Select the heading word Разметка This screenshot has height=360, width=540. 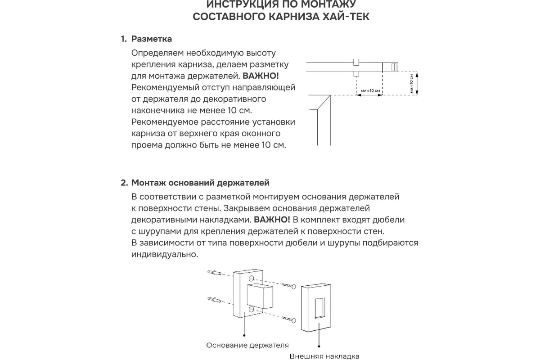coord(152,39)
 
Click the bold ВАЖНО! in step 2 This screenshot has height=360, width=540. coord(272,220)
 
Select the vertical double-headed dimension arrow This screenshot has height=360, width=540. coord(418,83)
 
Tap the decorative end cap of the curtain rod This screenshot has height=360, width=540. coord(391,67)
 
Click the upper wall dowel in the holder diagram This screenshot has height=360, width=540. coord(215,273)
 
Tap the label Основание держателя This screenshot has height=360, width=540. coord(247,345)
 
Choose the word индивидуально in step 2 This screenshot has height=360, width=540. coord(165,255)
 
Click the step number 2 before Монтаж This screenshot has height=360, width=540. coord(124,183)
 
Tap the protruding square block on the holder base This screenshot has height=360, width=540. coord(260,296)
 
